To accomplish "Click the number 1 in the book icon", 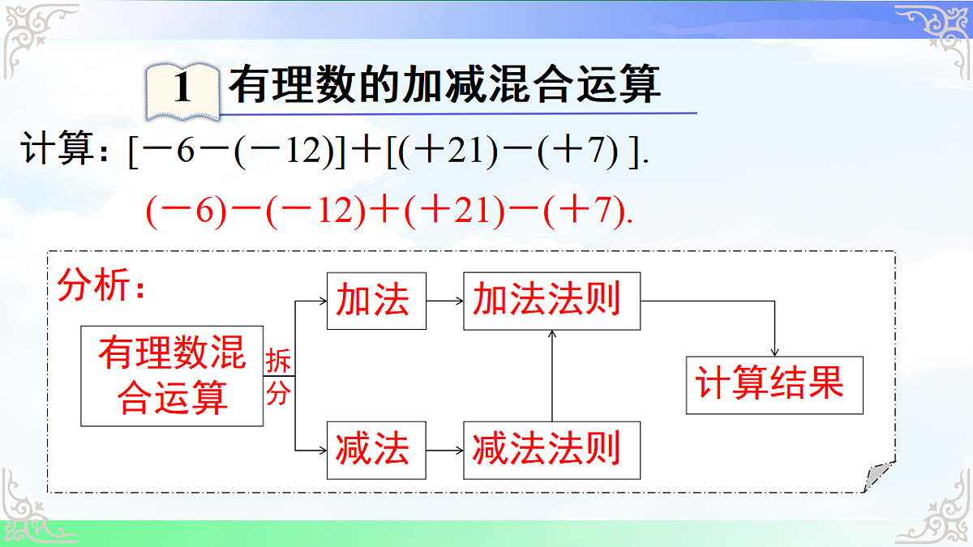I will tap(182, 88).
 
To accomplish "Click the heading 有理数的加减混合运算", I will tap(444, 83).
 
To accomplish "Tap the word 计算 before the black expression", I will tap(61, 152).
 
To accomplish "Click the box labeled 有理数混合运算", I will tap(172, 376).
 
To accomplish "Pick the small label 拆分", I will tap(277, 378).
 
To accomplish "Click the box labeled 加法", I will tap(376, 301).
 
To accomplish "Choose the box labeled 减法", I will tap(376, 449).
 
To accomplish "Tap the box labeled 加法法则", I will tap(551, 301).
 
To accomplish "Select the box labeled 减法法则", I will tap(551, 449).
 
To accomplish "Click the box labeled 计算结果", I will tap(774, 385).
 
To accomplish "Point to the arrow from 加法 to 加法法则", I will tap(444, 301).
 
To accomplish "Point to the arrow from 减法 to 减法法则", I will tap(444, 449).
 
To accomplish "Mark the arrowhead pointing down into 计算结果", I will tap(775, 350).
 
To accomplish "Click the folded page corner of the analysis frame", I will tap(878, 476).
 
